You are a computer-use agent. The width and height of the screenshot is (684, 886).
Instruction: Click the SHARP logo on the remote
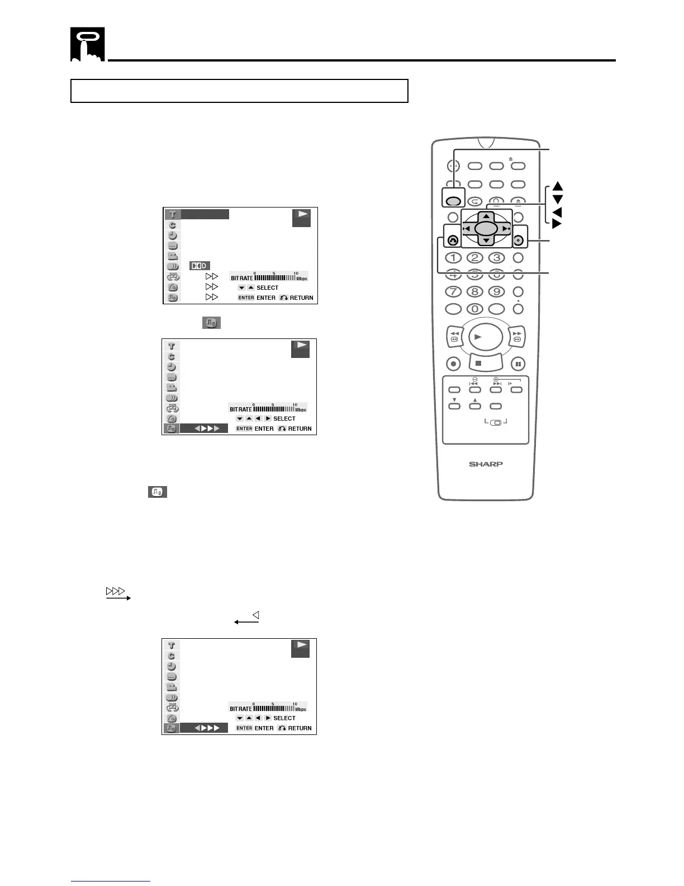tap(486, 464)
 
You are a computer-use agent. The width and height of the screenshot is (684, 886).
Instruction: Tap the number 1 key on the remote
tap(453, 258)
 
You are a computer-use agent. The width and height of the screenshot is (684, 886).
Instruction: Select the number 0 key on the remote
tap(474, 309)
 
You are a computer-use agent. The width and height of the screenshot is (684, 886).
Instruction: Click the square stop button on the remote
tap(478, 363)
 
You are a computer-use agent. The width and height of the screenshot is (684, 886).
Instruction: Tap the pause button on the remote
tap(518, 364)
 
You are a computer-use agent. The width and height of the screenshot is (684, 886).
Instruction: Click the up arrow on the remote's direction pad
tap(486, 216)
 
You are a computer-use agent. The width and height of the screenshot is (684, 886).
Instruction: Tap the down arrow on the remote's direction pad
tap(486, 241)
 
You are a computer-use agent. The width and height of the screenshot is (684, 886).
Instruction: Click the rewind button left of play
tap(454, 336)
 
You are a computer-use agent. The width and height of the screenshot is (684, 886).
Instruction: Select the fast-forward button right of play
tap(517, 336)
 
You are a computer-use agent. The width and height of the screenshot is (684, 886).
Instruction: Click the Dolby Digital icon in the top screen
tap(199, 266)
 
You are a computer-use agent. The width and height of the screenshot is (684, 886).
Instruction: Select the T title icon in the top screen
tap(173, 214)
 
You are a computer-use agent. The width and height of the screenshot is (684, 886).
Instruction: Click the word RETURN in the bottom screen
tap(300, 728)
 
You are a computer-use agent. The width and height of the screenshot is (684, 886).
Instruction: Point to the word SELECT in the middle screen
tap(284, 418)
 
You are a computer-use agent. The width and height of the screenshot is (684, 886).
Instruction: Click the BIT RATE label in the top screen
tap(242, 278)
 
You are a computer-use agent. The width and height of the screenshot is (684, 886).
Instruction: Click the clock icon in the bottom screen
tap(172, 666)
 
